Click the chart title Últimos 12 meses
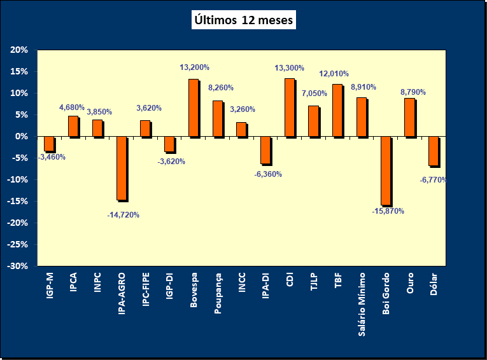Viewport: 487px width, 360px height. click(243, 20)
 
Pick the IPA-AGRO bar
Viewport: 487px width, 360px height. click(121, 168)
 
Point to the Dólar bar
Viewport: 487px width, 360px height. click(434, 151)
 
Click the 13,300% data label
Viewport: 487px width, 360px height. click(289, 68)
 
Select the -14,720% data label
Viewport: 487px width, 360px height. click(123, 215)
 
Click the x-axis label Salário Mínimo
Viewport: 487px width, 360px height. click(362, 304)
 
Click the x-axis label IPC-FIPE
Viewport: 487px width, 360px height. click(146, 293)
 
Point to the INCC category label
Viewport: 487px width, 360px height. click(242, 284)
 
